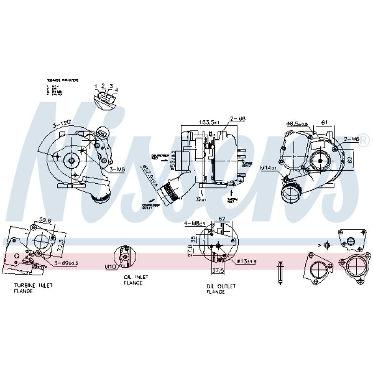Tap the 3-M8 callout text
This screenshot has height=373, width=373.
pyautogui.click(x=117, y=170)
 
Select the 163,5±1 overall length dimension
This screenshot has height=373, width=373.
pyautogui.click(x=209, y=122)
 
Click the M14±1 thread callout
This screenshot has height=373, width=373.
pyautogui.click(x=269, y=167)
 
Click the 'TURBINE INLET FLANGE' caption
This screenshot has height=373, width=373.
pyautogui.click(x=33, y=288)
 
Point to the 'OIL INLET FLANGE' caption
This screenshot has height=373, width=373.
pyautogui.click(x=136, y=280)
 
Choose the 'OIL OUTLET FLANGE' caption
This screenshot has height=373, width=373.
pyautogui.click(x=221, y=289)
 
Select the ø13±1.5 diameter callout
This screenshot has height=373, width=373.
pyautogui.click(x=247, y=262)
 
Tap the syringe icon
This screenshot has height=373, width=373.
pyautogui.click(x=281, y=272)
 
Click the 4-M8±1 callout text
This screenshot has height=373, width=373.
pyautogui.click(x=193, y=223)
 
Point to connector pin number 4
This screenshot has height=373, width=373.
pyautogui.click(x=116, y=90)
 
